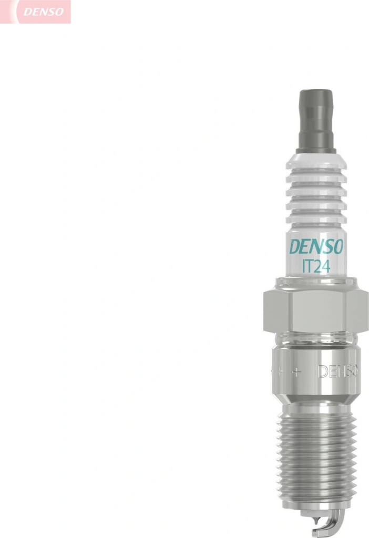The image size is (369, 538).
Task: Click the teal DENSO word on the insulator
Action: tap(316, 246)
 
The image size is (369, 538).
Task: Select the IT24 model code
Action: tap(316, 266)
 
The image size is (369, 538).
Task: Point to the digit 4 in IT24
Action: tap(326, 266)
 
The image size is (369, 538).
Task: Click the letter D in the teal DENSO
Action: tap(295, 247)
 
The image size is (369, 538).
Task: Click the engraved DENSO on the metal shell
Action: tap(338, 371)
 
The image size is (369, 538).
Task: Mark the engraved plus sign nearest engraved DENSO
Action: tap(296, 371)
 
